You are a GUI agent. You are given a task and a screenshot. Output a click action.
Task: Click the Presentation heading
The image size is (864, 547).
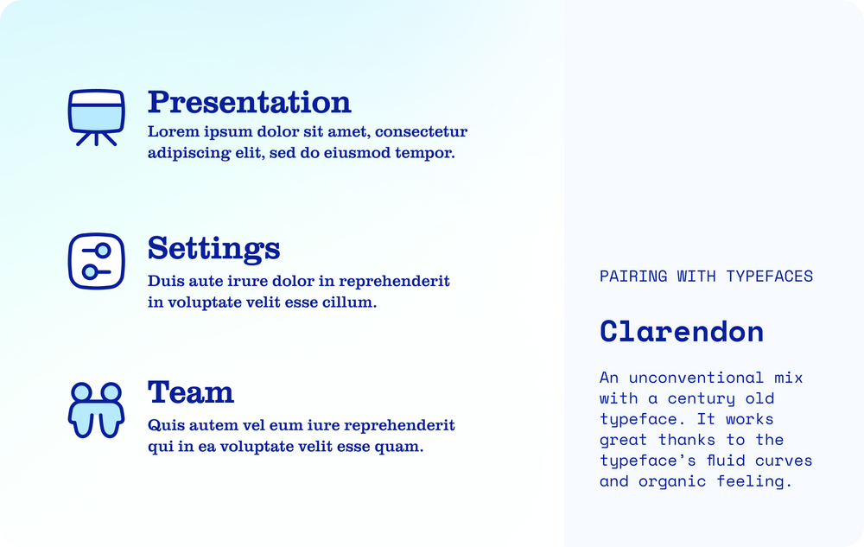coord(249,102)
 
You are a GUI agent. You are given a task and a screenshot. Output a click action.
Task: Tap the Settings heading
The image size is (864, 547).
coord(213,249)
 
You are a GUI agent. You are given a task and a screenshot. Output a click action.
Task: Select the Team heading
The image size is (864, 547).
coord(191,392)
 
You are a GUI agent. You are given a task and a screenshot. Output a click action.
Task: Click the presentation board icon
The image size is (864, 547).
coord(97,118)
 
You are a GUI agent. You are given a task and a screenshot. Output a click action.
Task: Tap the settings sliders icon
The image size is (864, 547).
coord(97,261)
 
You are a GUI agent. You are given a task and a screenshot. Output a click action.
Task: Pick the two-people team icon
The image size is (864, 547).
coord(97,410)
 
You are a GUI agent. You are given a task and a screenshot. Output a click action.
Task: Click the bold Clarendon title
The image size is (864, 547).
coord(682,332)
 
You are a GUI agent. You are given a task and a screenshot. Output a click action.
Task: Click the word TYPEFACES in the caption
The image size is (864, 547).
coord(769,276)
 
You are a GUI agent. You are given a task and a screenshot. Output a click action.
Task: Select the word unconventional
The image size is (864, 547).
coord(696,378)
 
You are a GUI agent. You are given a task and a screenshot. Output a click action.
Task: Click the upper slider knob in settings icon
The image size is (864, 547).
coord(103,251)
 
